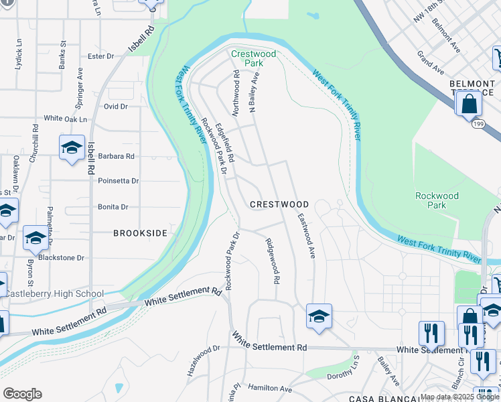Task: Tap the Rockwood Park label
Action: click(437, 200)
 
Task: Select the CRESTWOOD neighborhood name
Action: click(279, 204)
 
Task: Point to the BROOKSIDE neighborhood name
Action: click(139, 233)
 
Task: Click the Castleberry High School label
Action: click(56, 293)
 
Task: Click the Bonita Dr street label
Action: click(113, 207)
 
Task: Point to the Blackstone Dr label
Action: click(62, 257)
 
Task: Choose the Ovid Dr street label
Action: click(115, 106)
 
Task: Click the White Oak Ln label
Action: click(66, 119)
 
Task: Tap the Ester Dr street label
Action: click(101, 56)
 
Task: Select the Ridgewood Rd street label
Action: click(272, 261)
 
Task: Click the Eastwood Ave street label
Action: click(307, 236)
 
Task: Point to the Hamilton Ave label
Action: click(270, 389)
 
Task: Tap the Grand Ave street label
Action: click(430, 63)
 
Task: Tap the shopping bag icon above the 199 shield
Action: click(468, 104)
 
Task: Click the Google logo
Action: click(22, 394)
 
